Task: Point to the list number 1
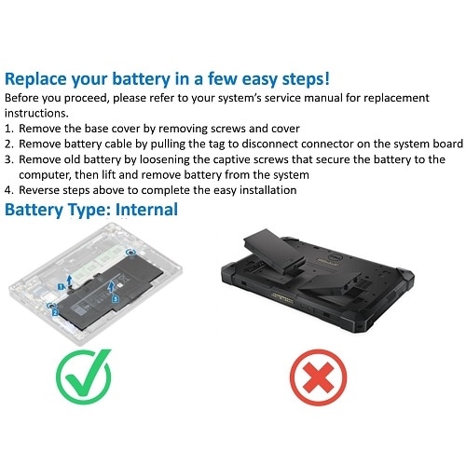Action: point(9,126)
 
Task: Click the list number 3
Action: point(9,158)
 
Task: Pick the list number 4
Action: point(9,190)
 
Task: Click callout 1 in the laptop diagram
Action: point(61,277)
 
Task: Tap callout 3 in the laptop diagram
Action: point(115,299)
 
